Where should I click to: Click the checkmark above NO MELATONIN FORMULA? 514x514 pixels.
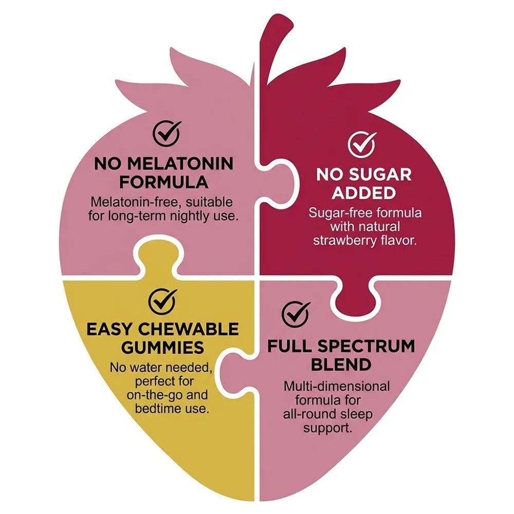(167, 134)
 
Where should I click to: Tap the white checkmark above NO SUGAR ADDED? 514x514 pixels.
(362, 144)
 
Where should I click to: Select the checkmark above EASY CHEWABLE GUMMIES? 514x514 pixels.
(162, 301)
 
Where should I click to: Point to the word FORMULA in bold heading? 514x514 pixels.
(163, 182)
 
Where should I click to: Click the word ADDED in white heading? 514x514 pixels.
(363, 193)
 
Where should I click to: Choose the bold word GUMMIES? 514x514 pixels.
(162, 348)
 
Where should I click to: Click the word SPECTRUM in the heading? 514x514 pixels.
(366, 346)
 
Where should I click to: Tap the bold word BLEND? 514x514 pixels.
(341, 364)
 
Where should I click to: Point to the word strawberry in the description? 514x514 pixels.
(344, 241)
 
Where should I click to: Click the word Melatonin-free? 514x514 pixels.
(134, 202)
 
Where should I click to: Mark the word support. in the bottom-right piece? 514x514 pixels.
(327, 428)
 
